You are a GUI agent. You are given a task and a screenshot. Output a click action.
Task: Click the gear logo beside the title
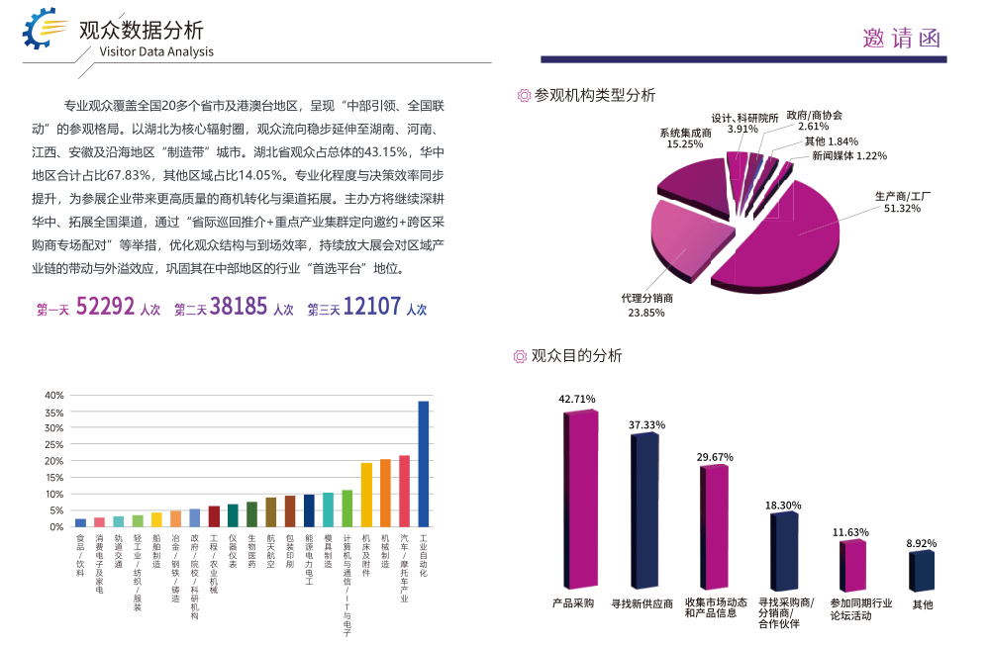(45, 31)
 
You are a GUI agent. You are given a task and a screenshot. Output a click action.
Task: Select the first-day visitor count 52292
(105, 307)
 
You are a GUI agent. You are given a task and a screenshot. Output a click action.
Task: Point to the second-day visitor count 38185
(239, 307)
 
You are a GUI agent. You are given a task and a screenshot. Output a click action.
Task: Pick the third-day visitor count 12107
(372, 307)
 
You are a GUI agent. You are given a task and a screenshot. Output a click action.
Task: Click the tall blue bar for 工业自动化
(423, 463)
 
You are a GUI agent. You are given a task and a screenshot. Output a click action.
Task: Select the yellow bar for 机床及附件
(366, 494)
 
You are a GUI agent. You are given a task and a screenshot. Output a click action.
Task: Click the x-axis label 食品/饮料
(80, 550)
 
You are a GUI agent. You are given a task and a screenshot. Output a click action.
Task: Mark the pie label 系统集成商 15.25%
(685, 138)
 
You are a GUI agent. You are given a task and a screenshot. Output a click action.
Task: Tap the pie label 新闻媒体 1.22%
(848, 155)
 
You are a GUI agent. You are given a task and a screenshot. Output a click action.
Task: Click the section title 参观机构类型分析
(594, 96)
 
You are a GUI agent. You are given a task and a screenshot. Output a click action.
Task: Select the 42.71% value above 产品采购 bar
(577, 400)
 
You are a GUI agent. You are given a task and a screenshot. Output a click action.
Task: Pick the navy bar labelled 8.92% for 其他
(923, 571)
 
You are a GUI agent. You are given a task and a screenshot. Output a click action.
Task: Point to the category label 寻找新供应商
(642, 603)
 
